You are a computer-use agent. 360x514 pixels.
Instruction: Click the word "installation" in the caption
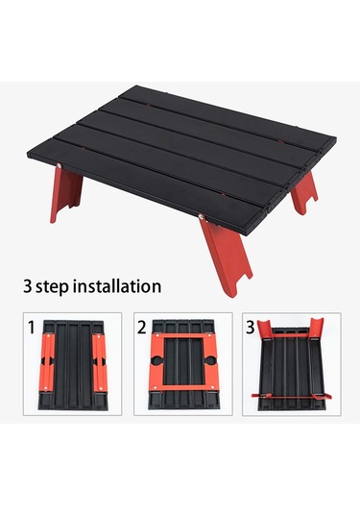(117, 286)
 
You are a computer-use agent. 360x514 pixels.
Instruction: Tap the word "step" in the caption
(52, 287)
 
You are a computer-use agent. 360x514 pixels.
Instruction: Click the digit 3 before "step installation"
(28, 286)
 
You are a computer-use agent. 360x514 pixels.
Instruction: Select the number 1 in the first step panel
(32, 328)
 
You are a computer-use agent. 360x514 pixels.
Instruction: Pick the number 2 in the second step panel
(142, 328)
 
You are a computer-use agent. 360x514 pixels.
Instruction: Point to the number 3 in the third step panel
(251, 328)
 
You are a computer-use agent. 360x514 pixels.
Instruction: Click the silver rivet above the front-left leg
(59, 166)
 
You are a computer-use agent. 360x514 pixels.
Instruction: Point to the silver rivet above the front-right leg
(202, 216)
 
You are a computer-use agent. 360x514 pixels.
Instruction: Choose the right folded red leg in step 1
(100, 362)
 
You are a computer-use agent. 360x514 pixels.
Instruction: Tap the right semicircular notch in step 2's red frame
(210, 361)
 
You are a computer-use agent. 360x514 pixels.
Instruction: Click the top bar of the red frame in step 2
(183, 336)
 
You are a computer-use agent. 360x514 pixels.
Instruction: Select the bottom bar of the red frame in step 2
(183, 387)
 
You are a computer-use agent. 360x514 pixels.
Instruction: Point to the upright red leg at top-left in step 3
(265, 328)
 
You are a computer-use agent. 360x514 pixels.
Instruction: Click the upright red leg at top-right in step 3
(317, 327)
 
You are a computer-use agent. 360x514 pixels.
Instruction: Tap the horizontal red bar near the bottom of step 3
(292, 396)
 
